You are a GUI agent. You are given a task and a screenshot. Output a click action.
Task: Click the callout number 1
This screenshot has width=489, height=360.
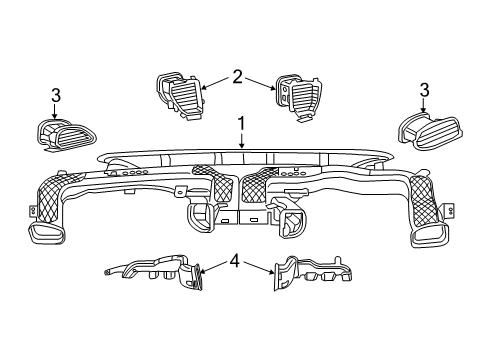click(x=240, y=124)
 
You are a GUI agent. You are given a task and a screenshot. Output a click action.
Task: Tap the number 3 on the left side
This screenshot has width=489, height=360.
click(x=56, y=95)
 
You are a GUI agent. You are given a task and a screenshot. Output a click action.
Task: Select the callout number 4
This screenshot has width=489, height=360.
click(x=233, y=261)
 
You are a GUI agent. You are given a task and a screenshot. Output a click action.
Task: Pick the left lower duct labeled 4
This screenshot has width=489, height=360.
click(x=160, y=272)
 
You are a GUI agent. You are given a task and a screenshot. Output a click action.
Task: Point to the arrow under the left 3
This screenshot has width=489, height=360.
click(x=56, y=112)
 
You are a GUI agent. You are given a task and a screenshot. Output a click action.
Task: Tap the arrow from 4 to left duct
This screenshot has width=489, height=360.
click(x=211, y=268)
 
